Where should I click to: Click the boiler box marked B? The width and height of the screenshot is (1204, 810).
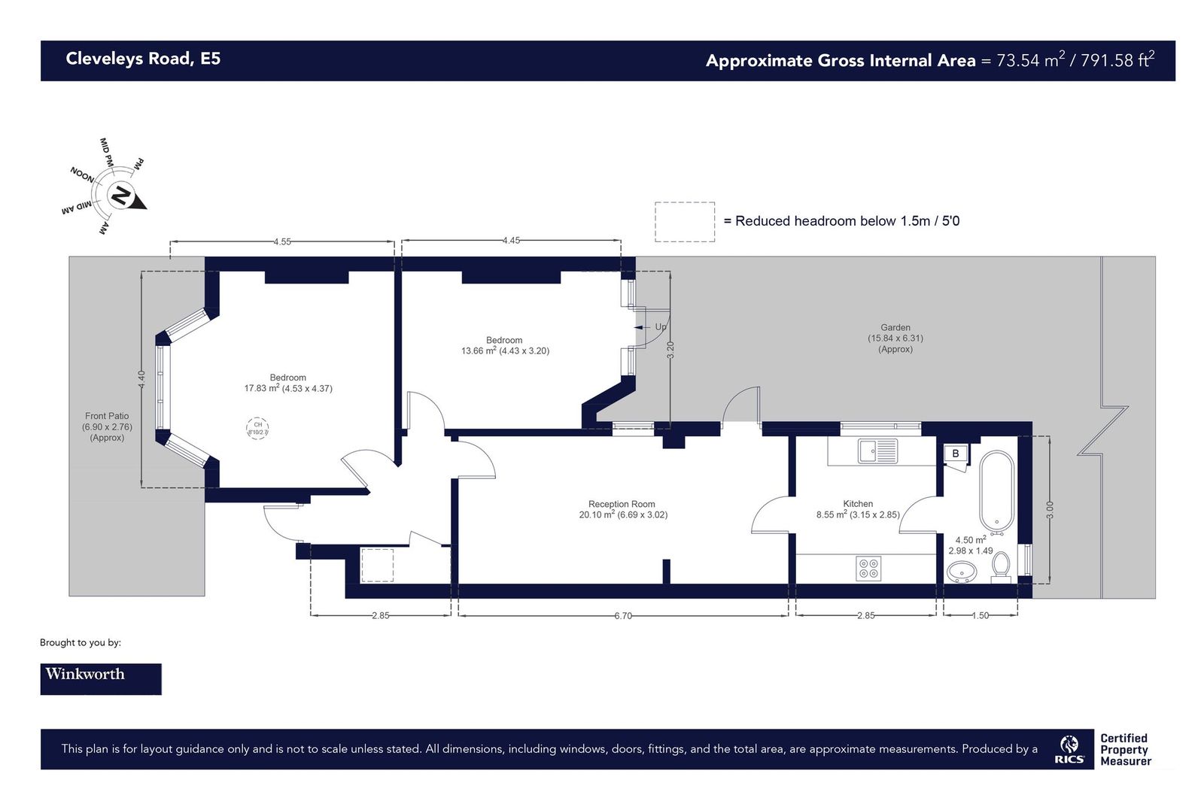pos(955,454)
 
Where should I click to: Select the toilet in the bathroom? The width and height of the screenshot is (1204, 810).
pos(1000,566)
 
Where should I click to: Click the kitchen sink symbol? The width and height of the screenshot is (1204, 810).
pos(877,451)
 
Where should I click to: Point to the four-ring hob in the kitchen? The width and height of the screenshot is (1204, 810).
pos(868,568)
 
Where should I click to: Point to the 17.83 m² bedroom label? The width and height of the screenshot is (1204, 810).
pos(287,383)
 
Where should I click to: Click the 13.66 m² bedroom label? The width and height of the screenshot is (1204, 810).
pos(504,345)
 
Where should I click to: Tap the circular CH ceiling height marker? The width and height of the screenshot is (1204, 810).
pos(257,429)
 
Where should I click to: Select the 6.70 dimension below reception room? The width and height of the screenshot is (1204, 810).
pos(623,615)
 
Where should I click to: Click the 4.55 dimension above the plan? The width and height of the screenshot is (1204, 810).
pos(282,241)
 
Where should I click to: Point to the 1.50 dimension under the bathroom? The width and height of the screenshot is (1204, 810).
pos(980,615)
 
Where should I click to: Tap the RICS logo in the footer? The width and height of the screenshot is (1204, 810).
pos(1069,749)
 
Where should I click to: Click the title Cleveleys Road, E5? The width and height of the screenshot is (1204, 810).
pos(143,59)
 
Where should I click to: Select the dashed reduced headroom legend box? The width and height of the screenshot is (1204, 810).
pos(684,222)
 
